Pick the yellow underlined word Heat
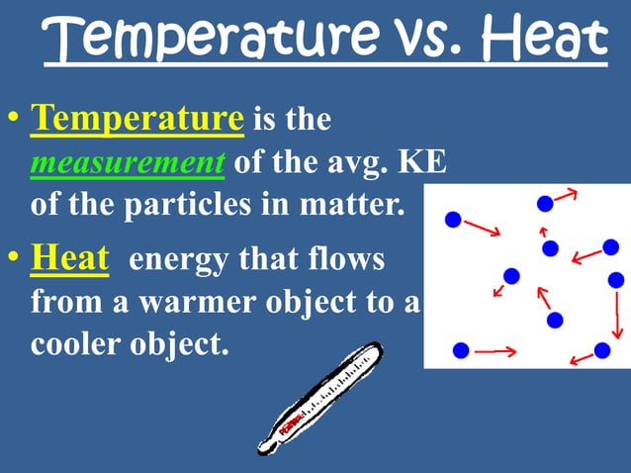pyautogui.click(x=69, y=260)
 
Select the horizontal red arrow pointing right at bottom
pyautogui.click(x=496, y=350)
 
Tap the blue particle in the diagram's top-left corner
pyautogui.click(x=453, y=220)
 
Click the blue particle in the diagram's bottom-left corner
pyautogui.click(x=460, y=350)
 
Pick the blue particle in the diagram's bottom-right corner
pyautogui.click(x=601, y=350)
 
